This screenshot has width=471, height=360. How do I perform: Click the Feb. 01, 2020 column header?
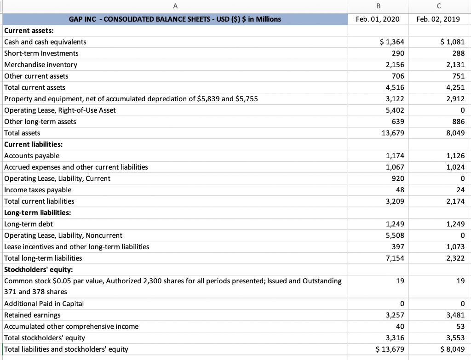pyautogui.click(x=378, y=19)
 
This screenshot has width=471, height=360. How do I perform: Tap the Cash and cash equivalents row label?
pyautogui.click(x=45, y=42)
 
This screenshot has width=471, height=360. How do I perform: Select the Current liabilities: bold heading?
pyautogui.click(x=33, y=144)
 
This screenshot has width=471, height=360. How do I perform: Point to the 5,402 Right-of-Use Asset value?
pyautogui.click(x=395, y=110)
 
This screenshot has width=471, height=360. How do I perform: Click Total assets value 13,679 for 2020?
pyautogui.click(x=393, y=133)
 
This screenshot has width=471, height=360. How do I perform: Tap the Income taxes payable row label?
pyautogui.click(x=38, y=190)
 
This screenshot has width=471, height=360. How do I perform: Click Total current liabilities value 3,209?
pyautogui.click(x=395, y=201)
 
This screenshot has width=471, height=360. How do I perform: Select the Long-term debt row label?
pyautogui.click(x=29, y=224)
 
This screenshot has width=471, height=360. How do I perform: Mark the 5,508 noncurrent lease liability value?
pyautogui.click(x=395, y=235)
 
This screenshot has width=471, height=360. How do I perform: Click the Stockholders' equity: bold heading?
pyautogui.click(x=36, y=269)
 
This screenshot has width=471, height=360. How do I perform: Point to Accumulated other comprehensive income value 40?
pyautogui.click(x=400, y=326)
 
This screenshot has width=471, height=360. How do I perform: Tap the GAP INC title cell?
pyautogui.click(x=175, y=19)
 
